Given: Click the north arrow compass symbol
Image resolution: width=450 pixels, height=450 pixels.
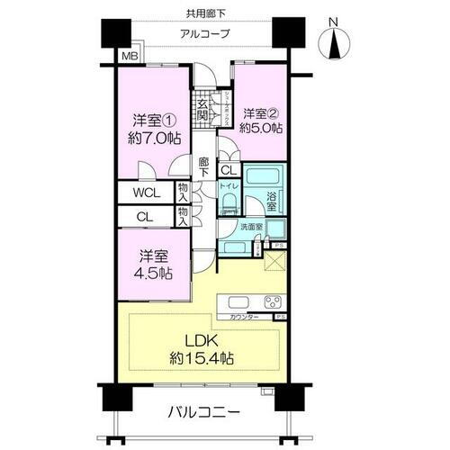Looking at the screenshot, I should (x=334, y=41).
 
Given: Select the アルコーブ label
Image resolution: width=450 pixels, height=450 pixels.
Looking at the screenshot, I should (x=206, y=33).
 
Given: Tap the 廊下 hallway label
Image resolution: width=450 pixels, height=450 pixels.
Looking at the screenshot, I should (x=203, y=167).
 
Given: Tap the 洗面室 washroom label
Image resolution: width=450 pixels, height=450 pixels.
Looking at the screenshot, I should (x=251, y=229).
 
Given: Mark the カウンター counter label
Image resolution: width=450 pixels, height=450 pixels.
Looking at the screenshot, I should (x=244, y=317).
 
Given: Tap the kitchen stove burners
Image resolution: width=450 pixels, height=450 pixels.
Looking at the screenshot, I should (x=271, y=301).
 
